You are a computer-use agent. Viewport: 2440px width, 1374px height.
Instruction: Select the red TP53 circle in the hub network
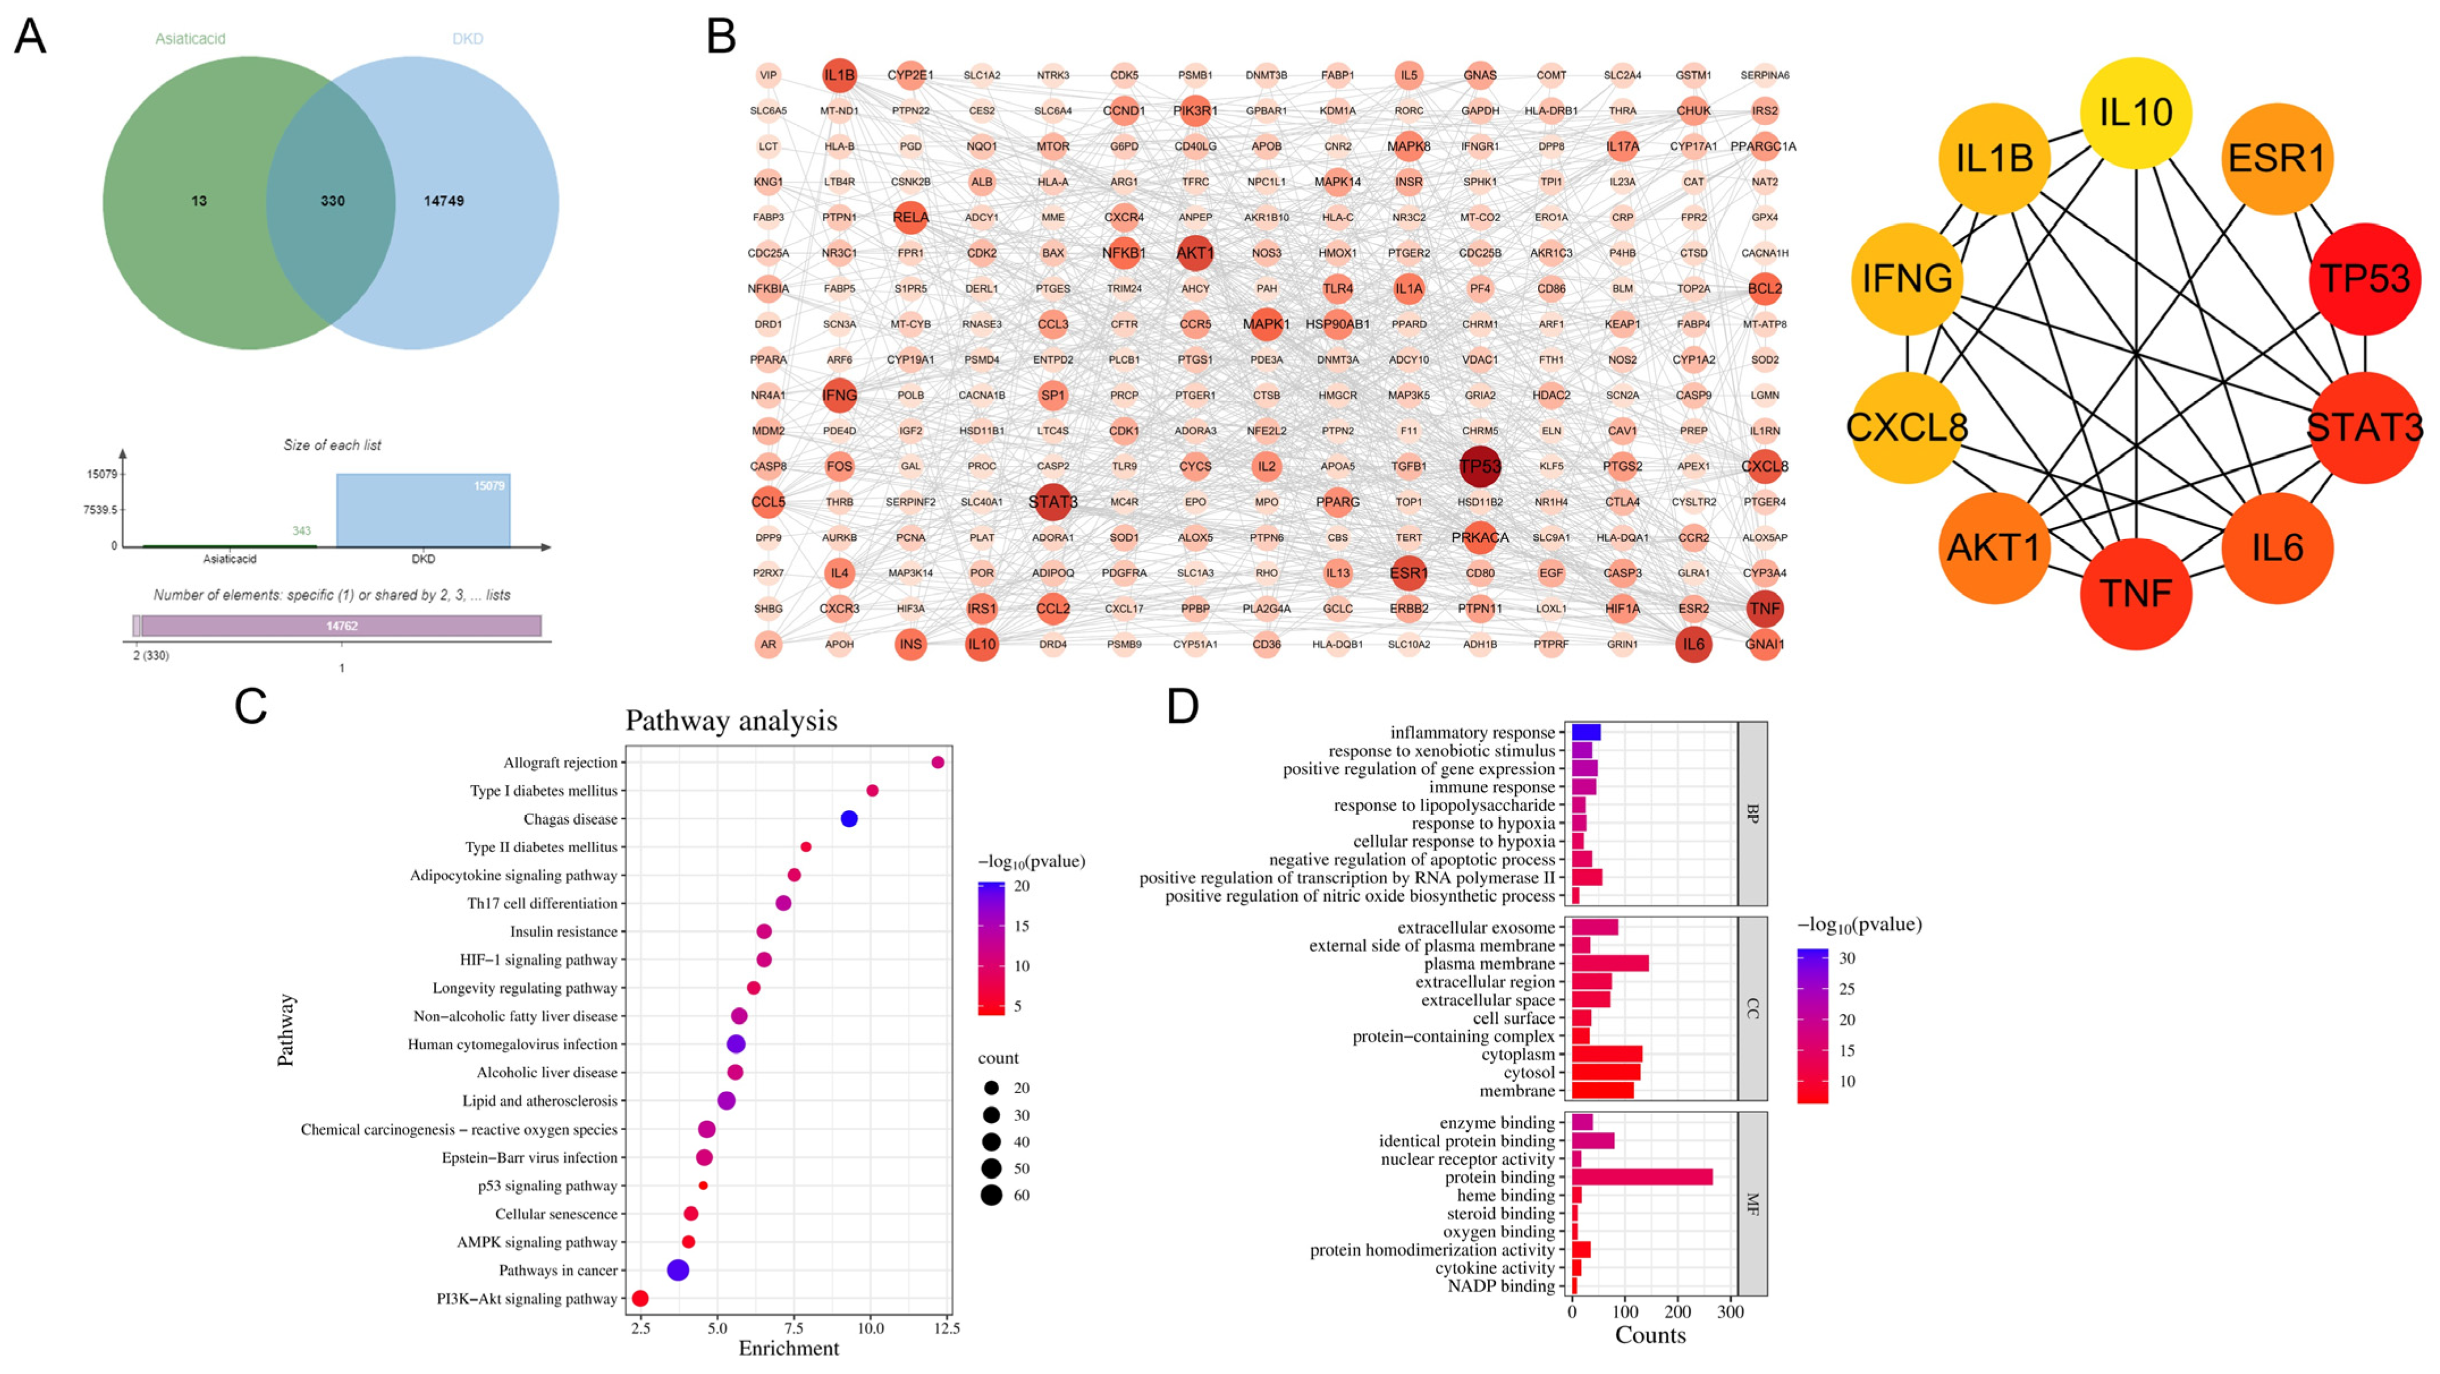click(x=2364, y=279)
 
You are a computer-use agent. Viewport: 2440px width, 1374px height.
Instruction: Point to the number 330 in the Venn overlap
click(x=332, y=201)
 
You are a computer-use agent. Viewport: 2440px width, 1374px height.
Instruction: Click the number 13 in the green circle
click(x=199, y=201)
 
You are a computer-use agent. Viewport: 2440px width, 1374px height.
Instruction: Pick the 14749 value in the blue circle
click(x=443, y=201)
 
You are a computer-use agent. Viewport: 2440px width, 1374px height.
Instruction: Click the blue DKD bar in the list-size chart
click(x=424, y=511)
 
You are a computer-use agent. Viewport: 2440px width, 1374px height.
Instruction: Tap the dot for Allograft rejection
click(x=938, y=762)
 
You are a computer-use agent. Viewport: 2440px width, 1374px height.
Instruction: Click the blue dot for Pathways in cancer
click(x=678, y=1270)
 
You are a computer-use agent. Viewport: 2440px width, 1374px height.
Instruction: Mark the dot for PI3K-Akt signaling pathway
click(x=640, y=1298)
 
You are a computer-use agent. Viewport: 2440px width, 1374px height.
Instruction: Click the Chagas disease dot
click(x=849, y=819)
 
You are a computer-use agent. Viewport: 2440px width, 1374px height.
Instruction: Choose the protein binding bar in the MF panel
click(x=1642, y=1177)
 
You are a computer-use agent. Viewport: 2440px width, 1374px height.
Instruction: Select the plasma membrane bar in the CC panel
click(x=1610, y=964)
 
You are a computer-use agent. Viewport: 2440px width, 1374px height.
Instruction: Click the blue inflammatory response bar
click(x=1587, y=732)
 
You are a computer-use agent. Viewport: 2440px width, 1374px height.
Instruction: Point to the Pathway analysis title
click(x=731, y=721)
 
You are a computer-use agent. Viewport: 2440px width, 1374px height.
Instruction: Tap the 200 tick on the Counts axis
click(x=1677, y=1312)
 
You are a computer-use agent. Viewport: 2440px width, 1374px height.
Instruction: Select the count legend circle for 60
click(x=992, y=1195)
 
